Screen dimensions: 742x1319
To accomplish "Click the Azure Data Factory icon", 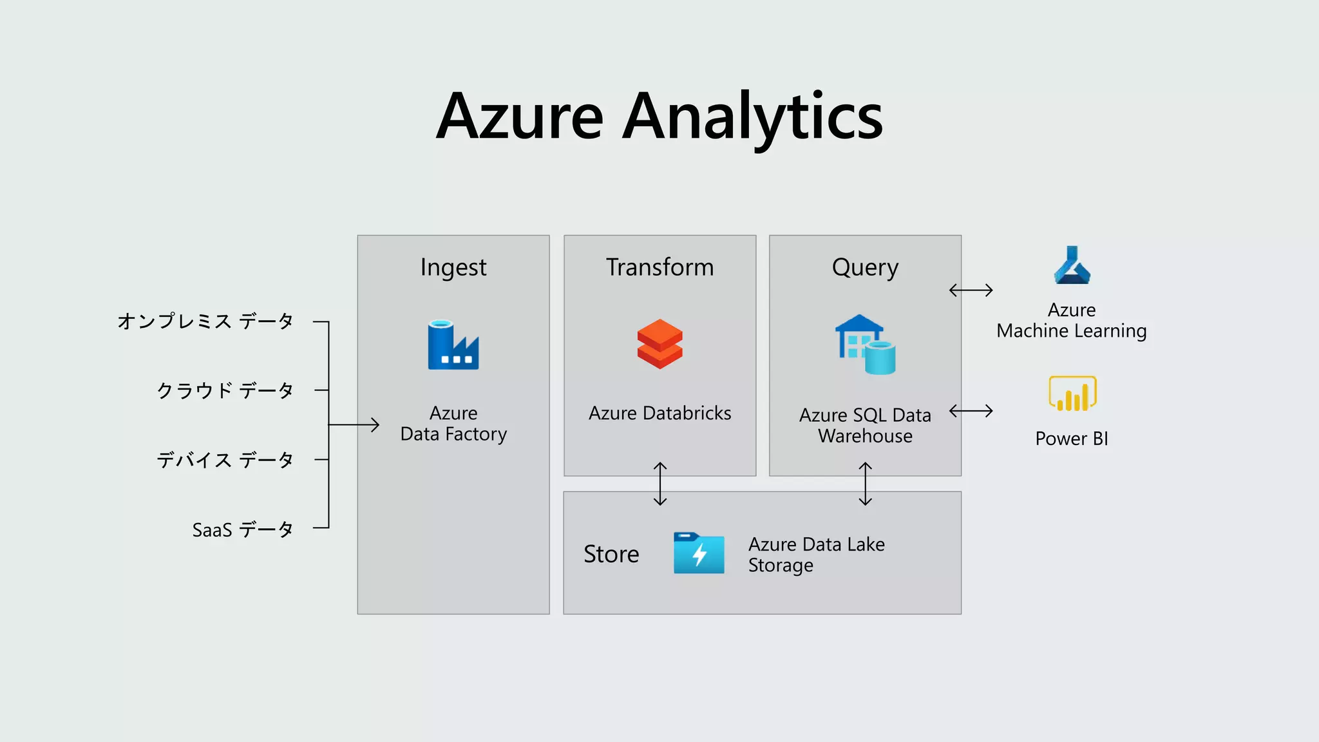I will pyautogui.click(x=453, y=345).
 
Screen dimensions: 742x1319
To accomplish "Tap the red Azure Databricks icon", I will pyautogui.click(x=659, y=344).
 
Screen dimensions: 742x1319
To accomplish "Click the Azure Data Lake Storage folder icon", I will pyautogui.click(x=699, y=553).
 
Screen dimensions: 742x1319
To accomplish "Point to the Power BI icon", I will pyautogui.click(x=1072, y=394).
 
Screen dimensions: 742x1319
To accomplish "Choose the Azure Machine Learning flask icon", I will pyautogui.click(x=1072, y=265).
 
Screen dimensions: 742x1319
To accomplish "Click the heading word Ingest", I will pyautogui.click(x=453, y=267).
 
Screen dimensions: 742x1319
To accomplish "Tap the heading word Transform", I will pyautogui.click(x=659, y=267).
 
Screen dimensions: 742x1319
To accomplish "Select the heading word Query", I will pyautogui.click(x=865, y=267).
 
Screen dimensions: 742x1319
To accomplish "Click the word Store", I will pyautogui.click(x=611, y=554).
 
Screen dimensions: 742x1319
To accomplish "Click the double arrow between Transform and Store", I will pyautogui.click(x=660, y=484).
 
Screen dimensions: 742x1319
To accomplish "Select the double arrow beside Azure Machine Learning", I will pyautogui.click(x=971, y=290).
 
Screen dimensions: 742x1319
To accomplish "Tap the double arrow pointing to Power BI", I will pyautogui.click(x=971, y=411).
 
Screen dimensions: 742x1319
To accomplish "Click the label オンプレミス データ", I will pyautogui.click(x=205, y=321).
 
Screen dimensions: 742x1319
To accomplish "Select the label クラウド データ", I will pyautogui.click(x=225, y=390).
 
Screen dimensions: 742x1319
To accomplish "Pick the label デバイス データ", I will pyautogui.click(x=225, y=460).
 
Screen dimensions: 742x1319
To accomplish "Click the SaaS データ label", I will pyautogui.click(x=243, y=529).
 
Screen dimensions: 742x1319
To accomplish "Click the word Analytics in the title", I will pyautogui.click(x=753, y=117).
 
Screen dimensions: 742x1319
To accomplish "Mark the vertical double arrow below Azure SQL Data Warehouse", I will pyautogui.click(x=866, y=484).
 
